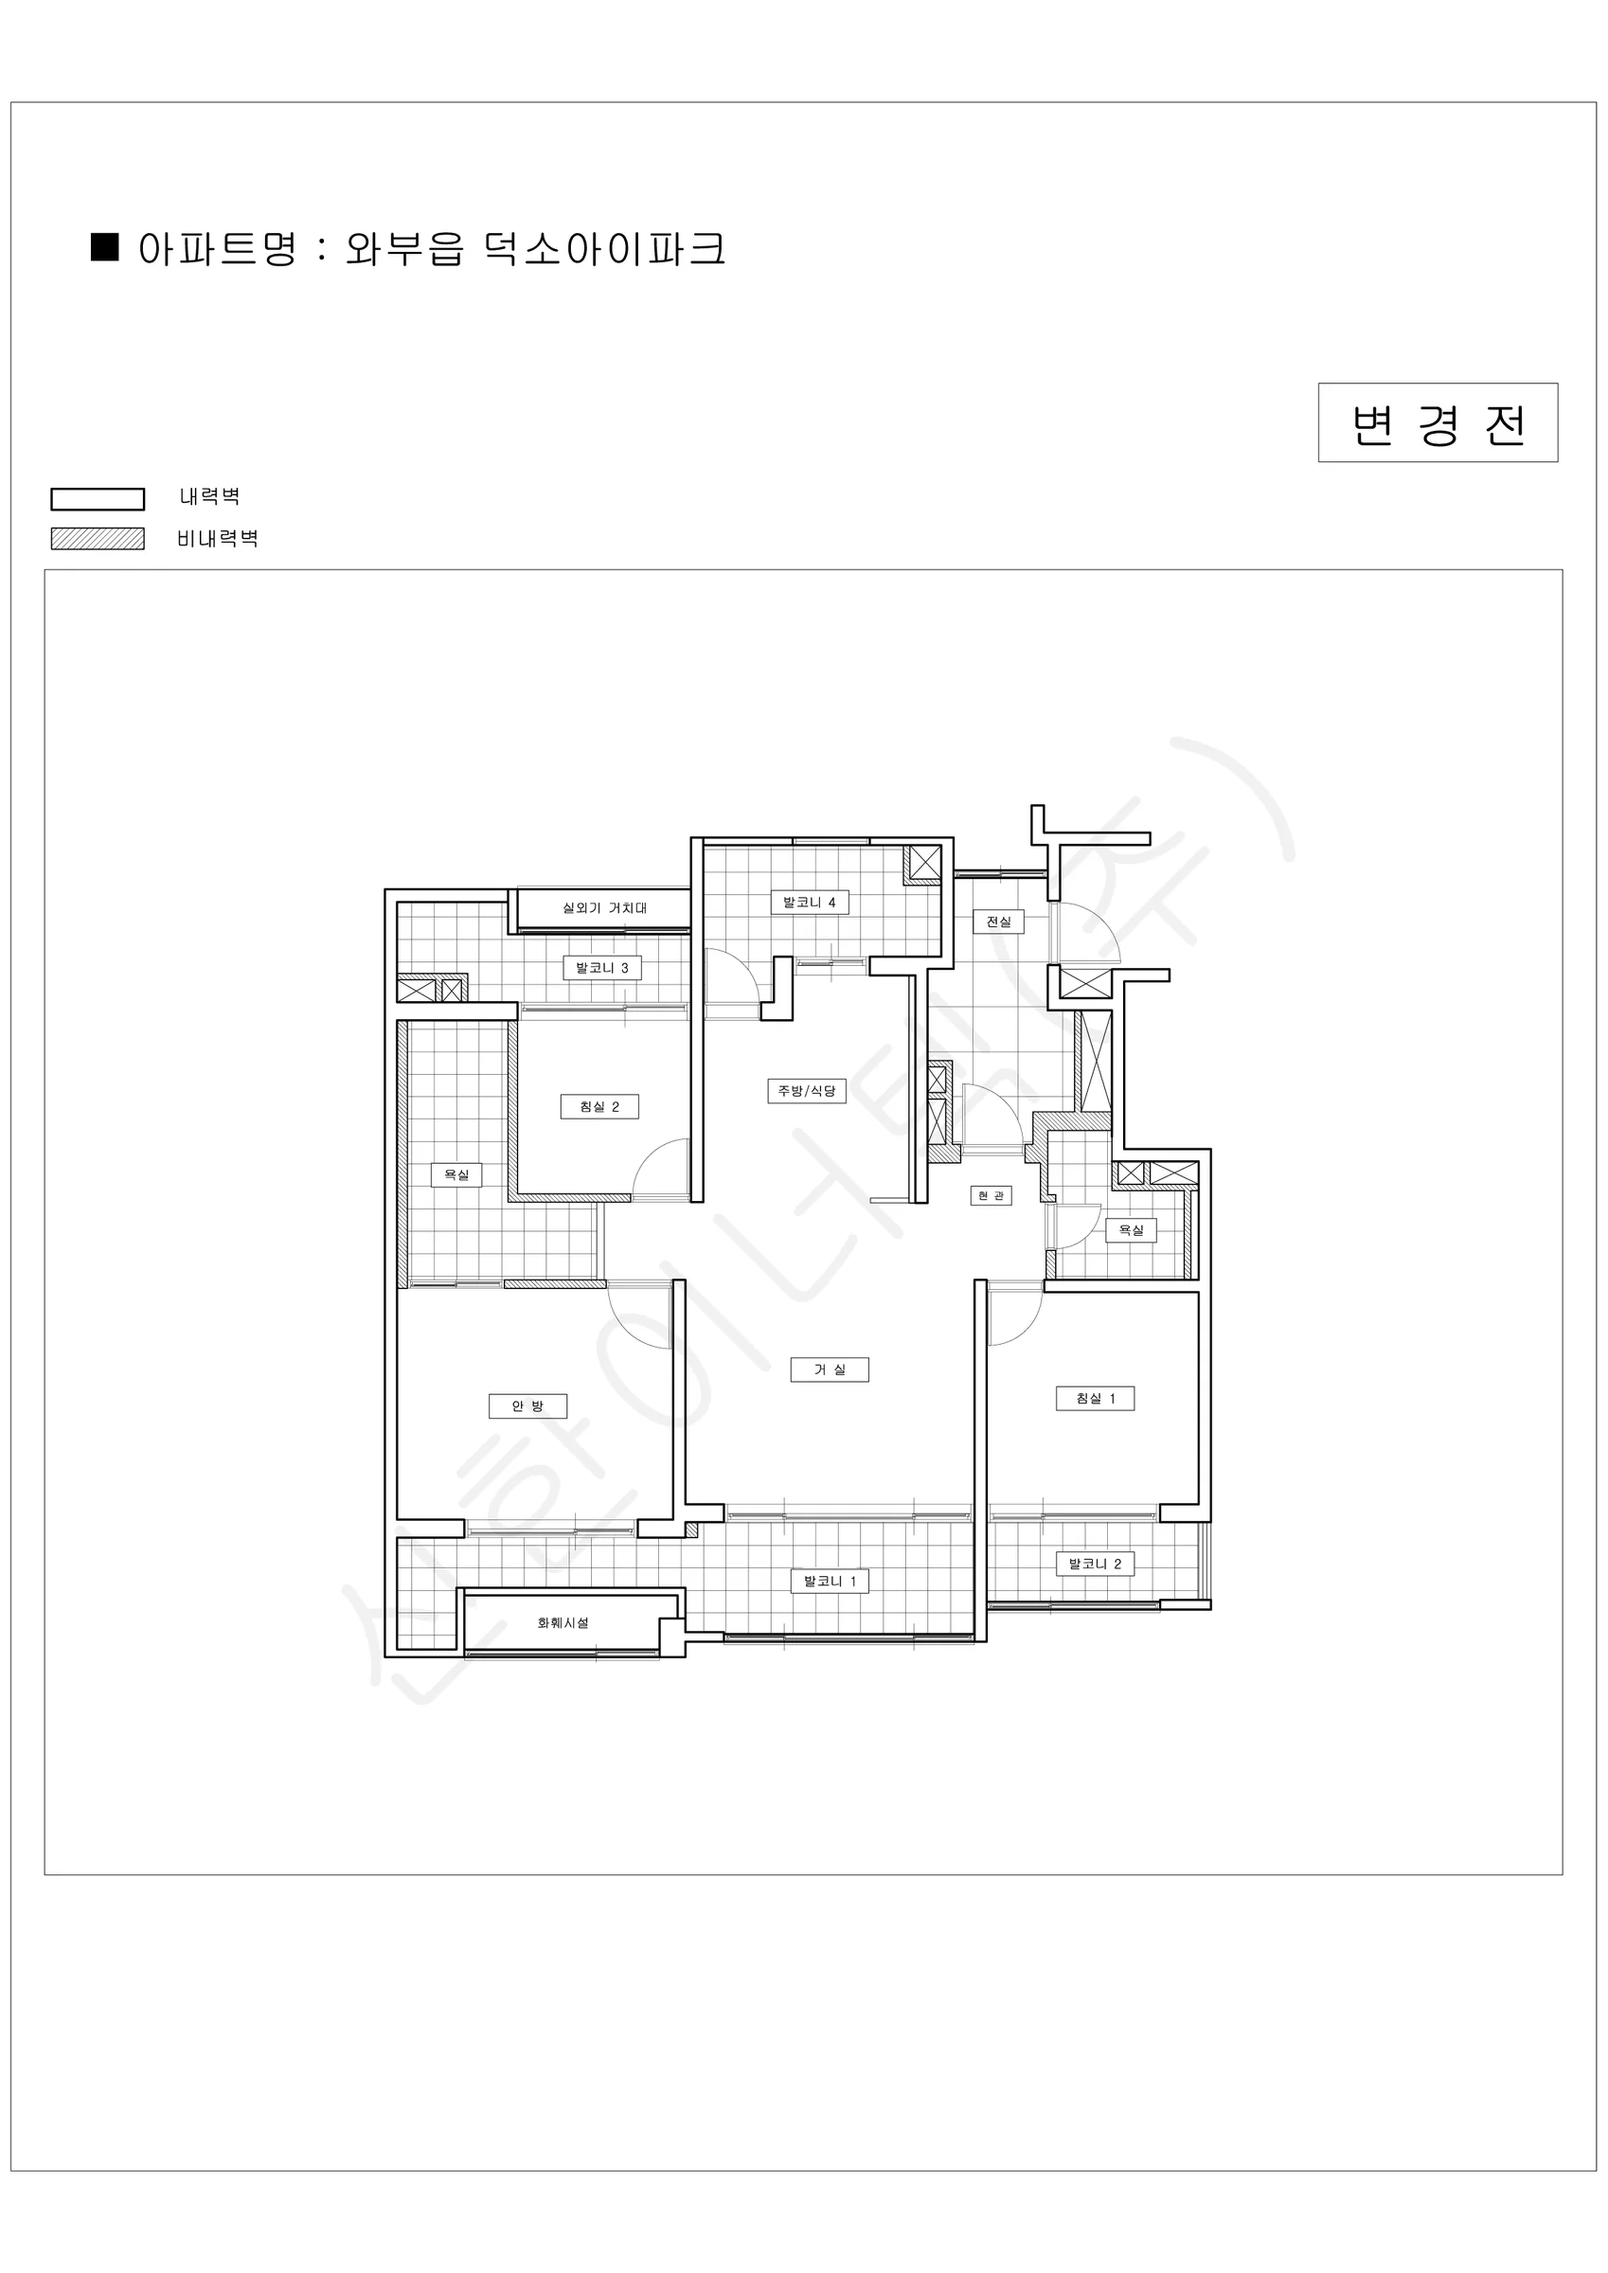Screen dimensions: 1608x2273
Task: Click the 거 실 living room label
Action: (829, 1369)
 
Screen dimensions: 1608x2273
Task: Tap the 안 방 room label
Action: (527, 1405)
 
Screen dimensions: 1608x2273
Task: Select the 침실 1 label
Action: (1095, 1398)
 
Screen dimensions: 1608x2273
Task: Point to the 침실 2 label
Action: (599, 1106)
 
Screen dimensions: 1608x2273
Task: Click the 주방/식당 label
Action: (806, 1091)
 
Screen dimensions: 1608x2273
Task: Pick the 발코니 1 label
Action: (830, 1581)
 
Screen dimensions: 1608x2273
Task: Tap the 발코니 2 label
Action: (1095, 1565)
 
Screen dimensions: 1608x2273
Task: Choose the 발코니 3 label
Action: (602, 967)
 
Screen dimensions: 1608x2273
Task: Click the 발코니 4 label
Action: (809, 902)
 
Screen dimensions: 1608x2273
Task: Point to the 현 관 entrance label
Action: (991, 1196)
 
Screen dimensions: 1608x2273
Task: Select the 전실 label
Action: (998, 922)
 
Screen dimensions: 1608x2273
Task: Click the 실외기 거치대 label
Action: (604, 906)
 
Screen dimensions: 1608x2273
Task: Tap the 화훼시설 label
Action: (563, 1622)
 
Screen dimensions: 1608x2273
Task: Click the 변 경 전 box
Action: (1438, 422)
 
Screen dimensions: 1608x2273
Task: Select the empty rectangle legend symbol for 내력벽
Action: (97, 499)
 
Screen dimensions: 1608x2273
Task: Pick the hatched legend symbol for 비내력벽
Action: (97, 539)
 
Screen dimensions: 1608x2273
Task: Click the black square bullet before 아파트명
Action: (105, 246)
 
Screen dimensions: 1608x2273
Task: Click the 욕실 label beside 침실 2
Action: (456, 1174)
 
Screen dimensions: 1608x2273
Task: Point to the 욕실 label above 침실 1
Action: (1131, 1229)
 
